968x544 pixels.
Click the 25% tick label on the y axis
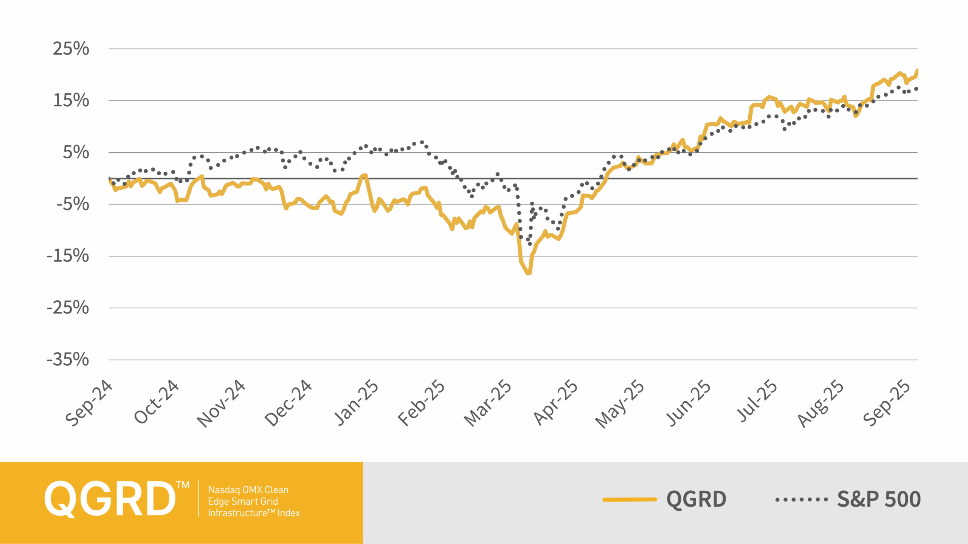coord(71,49)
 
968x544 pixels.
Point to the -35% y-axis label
coord(68,359)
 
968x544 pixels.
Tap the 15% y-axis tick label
coord(71,100)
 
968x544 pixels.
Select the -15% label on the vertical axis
coord(68,256)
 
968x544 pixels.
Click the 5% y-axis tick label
coord(76,152)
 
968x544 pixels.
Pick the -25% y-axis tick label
coord(68,308)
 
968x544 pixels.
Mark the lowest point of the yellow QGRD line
coord(528,273)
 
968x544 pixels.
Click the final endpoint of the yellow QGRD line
coord(917,70)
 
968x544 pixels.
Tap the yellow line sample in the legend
coord(630,499)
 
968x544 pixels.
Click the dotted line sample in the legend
coord(802,499)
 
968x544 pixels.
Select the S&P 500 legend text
coord(879,499)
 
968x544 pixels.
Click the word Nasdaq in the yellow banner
coord(223,490)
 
